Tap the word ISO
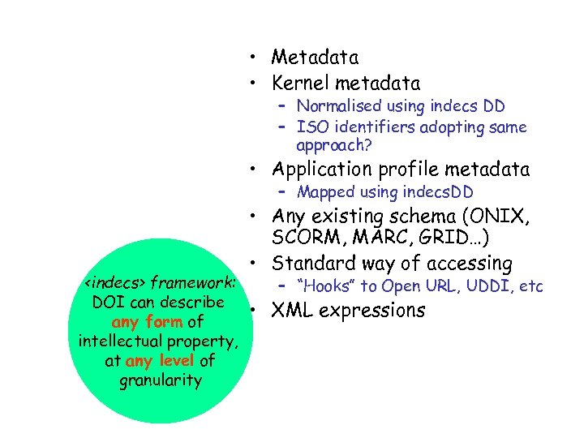click(x=310, y=127)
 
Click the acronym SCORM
click(x=303, y=240)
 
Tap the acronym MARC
click(x=371, y=240)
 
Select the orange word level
click(x=177, y=361)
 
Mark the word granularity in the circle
click(x=160, y=380)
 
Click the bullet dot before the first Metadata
click(x=255, y=58)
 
